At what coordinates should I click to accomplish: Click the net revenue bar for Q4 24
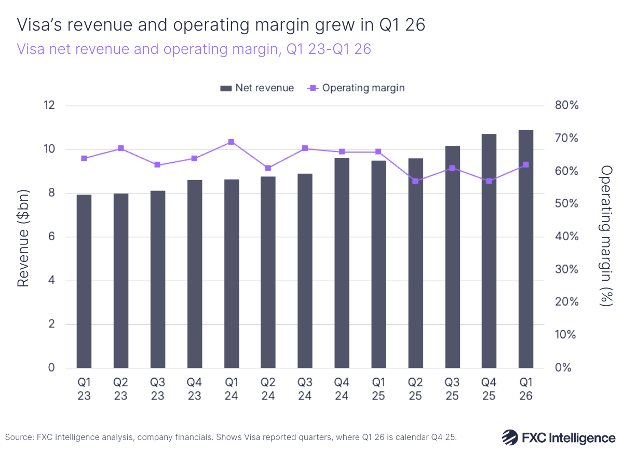[342, 263]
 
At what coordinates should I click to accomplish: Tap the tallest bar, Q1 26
[526, 249]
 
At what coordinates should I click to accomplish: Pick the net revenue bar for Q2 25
[415, 263]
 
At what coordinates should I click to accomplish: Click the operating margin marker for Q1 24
[231, 142]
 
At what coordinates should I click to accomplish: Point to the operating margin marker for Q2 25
[415, 181]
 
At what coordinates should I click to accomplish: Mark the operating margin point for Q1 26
[526, 164]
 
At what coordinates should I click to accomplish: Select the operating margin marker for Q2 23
[121, 148]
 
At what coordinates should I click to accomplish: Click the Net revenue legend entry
[257, 88]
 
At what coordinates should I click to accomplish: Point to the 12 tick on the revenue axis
[49, 106]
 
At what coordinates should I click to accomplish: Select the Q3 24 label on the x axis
[305, 389]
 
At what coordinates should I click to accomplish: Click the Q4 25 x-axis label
[489, 389]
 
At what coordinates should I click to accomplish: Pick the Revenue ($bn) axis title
[23, 238]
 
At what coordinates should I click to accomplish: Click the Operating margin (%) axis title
[605, 237]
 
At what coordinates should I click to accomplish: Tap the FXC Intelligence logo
[558, 437]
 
